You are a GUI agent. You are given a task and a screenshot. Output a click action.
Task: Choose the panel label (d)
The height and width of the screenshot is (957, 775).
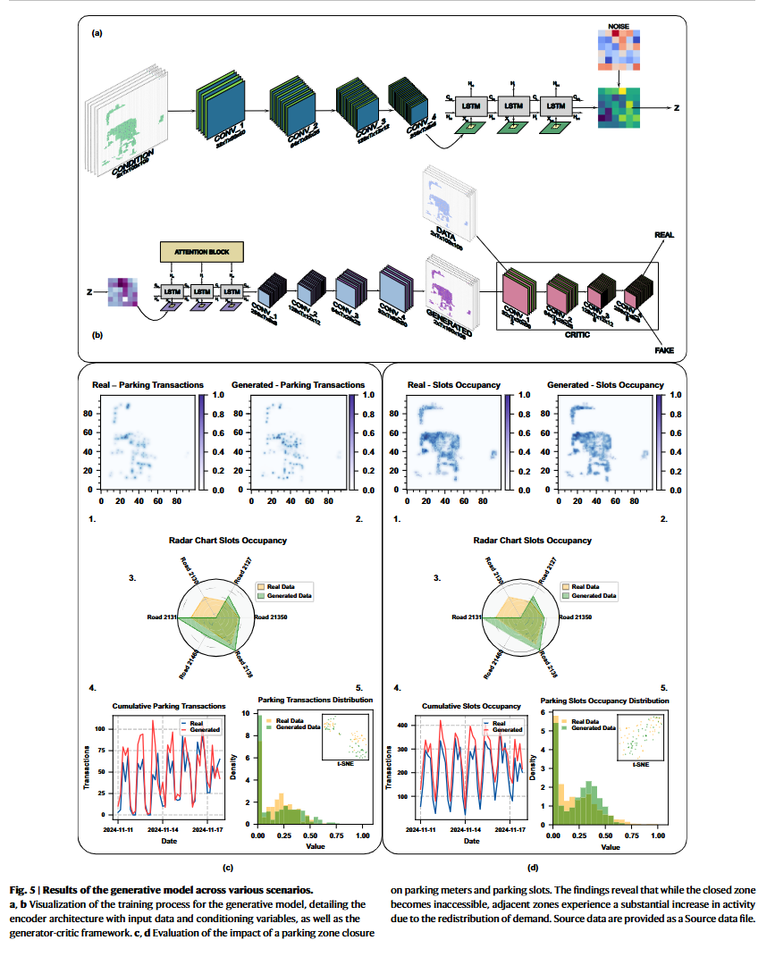click(x=533, y=867)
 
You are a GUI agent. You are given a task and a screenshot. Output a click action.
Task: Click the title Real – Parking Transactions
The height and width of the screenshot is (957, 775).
click(x=147, y=385)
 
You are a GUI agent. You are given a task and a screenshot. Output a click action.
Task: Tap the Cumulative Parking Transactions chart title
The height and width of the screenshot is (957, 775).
click(x=168, y=706)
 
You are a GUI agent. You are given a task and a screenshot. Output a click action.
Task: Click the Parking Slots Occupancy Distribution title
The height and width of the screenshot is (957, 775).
click(x=605, y=701)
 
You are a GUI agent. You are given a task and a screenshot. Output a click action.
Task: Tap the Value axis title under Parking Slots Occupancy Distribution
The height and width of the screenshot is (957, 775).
click(x=610, y=846)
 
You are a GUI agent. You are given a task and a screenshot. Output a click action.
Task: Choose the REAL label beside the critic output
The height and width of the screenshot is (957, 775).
click(x=663, y=234)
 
